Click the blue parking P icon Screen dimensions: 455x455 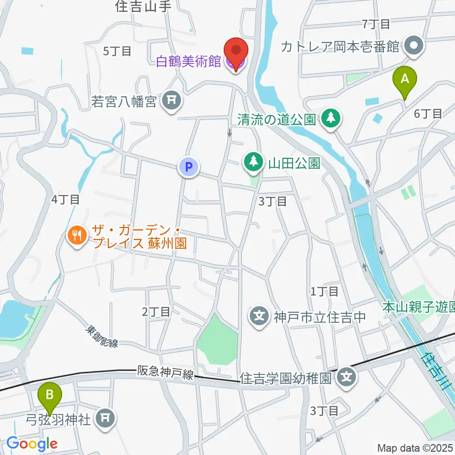[189, 167]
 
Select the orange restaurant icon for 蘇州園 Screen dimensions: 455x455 [77, 235]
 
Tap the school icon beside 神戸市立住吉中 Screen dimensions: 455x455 [259, 315]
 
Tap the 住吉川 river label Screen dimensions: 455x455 [437, 373]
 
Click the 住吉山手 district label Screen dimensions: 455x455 [142, 6]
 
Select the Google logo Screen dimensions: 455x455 [32, 444]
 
